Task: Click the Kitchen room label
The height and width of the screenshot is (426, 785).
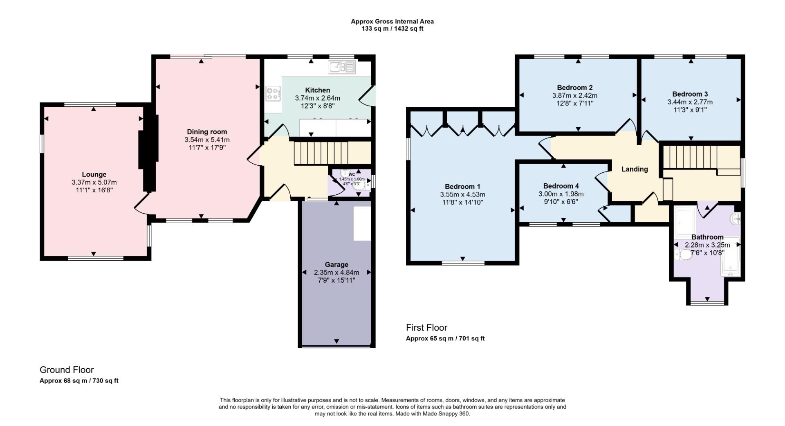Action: (x=317, y=90)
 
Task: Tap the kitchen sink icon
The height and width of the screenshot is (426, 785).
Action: (x=342, y=67)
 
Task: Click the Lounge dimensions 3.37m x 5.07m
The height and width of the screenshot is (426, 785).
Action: (x=94, y=182)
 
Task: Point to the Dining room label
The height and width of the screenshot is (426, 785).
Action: (x=207, y=132)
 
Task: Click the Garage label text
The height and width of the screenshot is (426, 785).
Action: (x=336, y=264)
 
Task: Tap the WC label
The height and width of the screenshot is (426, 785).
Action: (x=351, y=174)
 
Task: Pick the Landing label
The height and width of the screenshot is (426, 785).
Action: (x=635, y=169)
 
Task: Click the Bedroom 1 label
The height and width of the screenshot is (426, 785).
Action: (x=462, y=187)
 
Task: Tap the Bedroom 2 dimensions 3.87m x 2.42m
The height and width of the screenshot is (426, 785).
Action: (x=575, y=95)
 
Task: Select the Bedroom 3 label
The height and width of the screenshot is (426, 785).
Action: (x=690, y=94)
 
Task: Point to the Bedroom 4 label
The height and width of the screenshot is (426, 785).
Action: (x=561, y=186)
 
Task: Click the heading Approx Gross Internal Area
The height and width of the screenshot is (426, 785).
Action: (x=392, y=21)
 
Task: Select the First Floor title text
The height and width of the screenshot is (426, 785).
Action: (x=426, y=327)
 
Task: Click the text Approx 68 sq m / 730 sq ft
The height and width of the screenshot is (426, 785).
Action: (x=79, y=381)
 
